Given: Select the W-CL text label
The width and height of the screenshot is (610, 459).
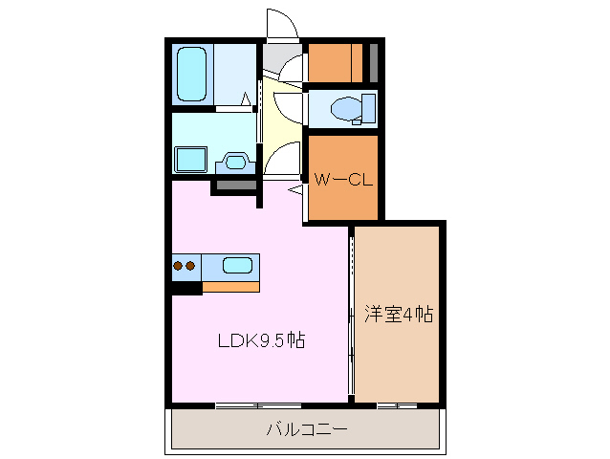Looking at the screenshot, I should click(x=342, y=177).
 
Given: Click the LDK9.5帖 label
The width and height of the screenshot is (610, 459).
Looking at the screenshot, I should click(x=261, y=340).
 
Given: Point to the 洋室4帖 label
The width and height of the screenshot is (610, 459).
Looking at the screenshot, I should click(x=398, y=314).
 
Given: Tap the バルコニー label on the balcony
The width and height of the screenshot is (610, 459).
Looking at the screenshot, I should click(x=306, y=429).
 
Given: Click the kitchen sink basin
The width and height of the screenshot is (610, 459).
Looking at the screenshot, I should click(x=236, y=266).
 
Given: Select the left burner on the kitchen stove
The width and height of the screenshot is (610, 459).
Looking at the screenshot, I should click(x=178, y=266).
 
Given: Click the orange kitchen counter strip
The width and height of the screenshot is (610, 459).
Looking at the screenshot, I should click(x=230, y=286).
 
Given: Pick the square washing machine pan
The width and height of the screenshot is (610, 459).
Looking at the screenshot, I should click(x=192, y=160).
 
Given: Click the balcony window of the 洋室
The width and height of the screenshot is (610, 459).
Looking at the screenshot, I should click(x=397, y=405).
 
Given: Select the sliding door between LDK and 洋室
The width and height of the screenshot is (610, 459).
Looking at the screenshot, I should click(x=351, y=316).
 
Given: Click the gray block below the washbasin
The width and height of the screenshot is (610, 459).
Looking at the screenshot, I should click(x=232, y=185).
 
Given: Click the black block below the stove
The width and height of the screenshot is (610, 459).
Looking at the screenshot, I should click(x=187, y=287).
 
